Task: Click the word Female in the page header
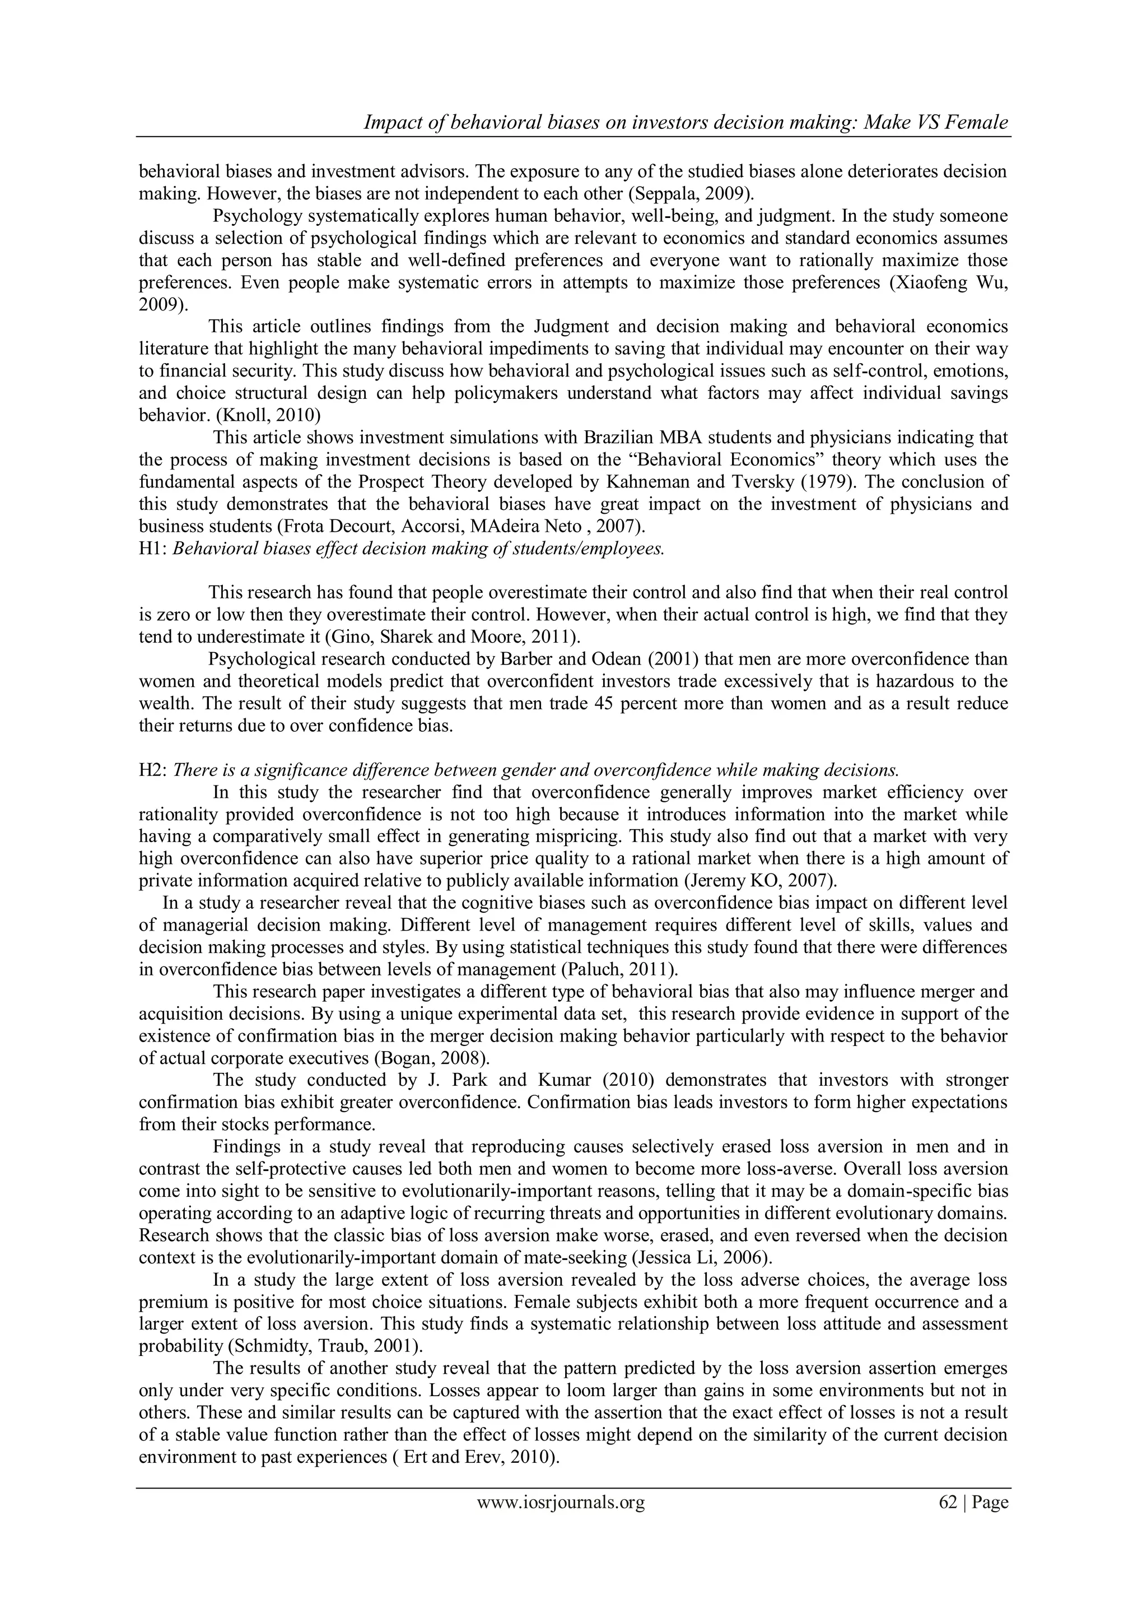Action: click(971, 122)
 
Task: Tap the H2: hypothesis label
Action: click(152, 770)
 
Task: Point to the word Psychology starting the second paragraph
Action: click(257, 216)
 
